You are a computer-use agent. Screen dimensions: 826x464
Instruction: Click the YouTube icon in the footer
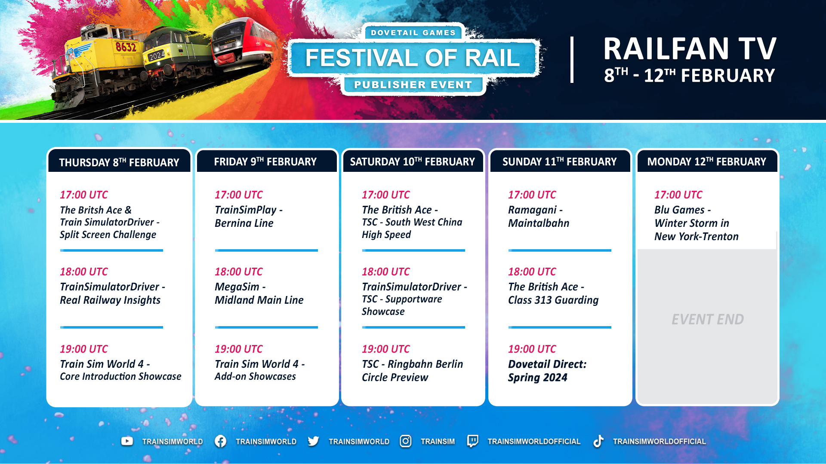tap(127, 441)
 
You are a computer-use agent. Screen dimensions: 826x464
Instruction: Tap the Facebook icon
tap(220, 441)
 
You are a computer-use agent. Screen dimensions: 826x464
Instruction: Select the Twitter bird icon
tap(313, 441)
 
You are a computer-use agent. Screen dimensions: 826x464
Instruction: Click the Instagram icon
tap(406, 441)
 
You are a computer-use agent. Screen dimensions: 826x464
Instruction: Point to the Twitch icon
tap(472, 441)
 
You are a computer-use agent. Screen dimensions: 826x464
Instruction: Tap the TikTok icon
tap(598, 441)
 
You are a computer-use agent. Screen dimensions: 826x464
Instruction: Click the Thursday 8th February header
tap(119, 162)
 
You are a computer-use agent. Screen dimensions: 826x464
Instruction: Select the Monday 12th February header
tap(707, 162)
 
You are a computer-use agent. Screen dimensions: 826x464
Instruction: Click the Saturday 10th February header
tap(413, 162)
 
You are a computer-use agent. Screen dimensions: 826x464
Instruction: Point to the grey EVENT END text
tap(708, 319)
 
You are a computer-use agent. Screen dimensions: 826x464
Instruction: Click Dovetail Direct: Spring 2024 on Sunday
tap(547, 370)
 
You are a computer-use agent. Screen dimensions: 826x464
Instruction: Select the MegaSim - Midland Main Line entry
tap(259, 293)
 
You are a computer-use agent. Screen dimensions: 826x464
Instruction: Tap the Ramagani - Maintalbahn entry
tap(539, 216)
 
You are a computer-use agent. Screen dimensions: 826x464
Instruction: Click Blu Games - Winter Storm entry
tap(697, 223)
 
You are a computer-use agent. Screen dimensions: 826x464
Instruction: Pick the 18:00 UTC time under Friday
tap(239, 272)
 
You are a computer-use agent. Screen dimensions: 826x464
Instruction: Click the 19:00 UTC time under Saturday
tap(386, 349)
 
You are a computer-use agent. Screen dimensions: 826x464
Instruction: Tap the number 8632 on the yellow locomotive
tap(126, 46)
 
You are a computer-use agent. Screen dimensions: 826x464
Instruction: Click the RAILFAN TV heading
tap(690, 49)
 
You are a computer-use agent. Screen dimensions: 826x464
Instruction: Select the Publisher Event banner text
tap(413, 85)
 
